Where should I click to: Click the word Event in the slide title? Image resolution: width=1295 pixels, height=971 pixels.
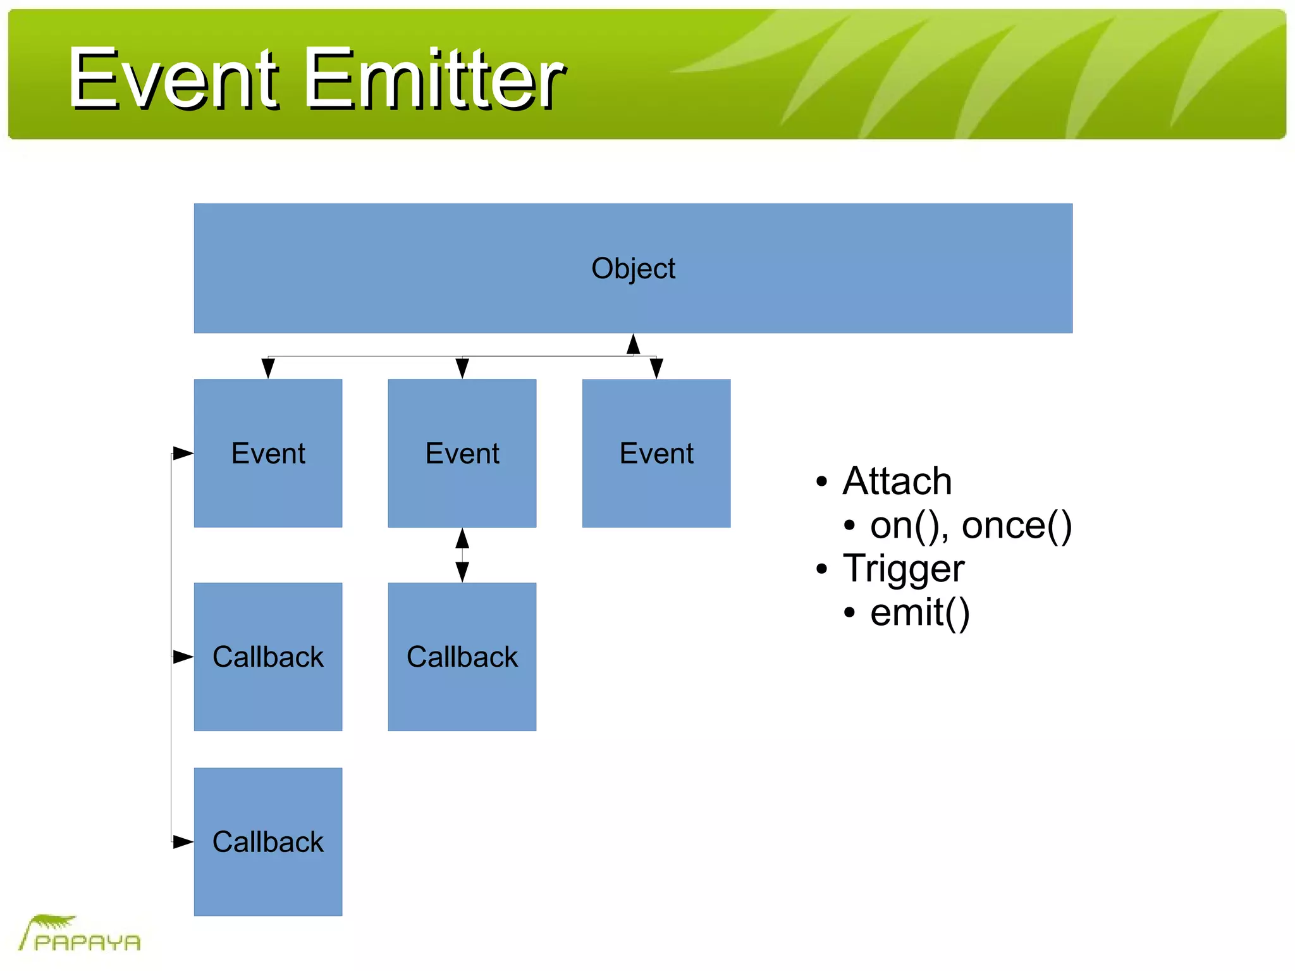pyautogui.click(x=173, y=79)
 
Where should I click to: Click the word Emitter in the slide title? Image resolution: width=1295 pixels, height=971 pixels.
pyautogui.click(x=434, y=79)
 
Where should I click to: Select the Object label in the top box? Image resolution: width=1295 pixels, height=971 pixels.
pyautogui.click(x=633, y=268)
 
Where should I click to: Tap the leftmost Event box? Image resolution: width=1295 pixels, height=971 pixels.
pyautogui.click(x=268, y=453)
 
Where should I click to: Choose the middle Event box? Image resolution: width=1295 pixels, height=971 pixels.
pyautogui.click(x=462, y=453)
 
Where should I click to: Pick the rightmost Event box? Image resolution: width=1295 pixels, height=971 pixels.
pyautogui.click(x=656, y=453)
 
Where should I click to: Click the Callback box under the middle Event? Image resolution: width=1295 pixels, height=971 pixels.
pyautogui.click(x=462, y=657)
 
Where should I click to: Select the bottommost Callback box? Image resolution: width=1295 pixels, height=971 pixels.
pyautogui.click(x=268, y=842)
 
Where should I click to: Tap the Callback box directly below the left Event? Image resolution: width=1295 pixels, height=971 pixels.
pyautogui.click(x=268, y=657)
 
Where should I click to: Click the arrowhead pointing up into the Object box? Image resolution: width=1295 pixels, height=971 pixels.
pyautogui.click(x=633, y=344)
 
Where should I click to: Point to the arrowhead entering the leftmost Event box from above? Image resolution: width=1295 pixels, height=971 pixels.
pyautogui.click(x=268, y=368)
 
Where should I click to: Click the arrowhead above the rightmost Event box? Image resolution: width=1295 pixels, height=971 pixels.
pyautogui.click(x=656, y=368)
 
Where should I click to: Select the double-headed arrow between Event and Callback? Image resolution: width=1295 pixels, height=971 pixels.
pyautogui.click(x=462, y=555)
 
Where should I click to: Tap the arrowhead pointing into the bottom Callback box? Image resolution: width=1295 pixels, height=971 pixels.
pyautogui.click(x=183, y=842)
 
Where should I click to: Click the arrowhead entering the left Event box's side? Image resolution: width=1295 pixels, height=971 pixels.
pyautogui.click(x=183, y=453)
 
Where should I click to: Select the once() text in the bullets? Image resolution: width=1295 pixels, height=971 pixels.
pyautogui.click(x=1016, y=525)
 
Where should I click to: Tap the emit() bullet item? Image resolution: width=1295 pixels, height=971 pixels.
pyautogui.click(x=919, y=612)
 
